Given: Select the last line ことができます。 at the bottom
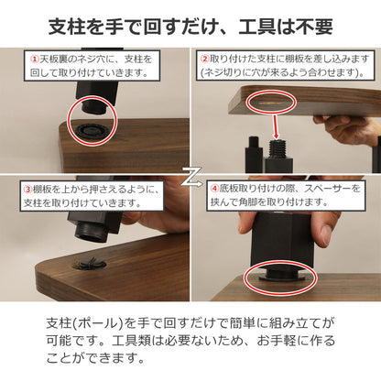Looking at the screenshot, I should tap(100, 362).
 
